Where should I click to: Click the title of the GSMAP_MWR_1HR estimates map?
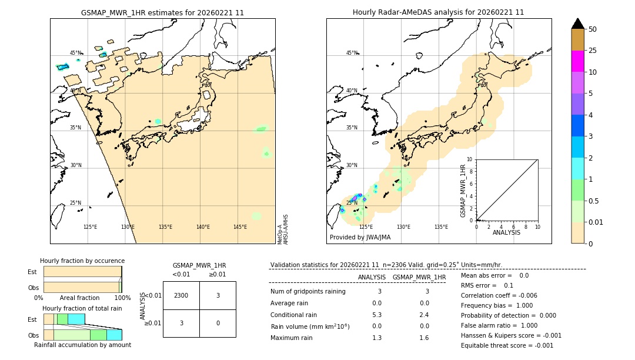162,12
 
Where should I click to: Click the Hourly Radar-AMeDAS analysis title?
438,12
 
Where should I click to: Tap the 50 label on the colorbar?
593,29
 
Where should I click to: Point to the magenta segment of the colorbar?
577,61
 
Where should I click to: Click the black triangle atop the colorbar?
577,24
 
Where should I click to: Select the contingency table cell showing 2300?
181,295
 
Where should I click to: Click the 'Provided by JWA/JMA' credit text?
360,237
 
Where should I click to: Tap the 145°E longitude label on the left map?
240,227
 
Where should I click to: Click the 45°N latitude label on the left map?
76,53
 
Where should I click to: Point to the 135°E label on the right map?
441,227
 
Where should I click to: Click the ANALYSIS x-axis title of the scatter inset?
506,233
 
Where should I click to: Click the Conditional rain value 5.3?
377,315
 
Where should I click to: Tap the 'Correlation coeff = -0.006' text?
499,295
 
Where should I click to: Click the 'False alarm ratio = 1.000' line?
499,325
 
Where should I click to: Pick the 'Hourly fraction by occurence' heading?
82,261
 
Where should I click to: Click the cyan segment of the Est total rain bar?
76,319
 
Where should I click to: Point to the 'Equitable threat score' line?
507,345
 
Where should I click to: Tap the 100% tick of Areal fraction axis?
122,298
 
